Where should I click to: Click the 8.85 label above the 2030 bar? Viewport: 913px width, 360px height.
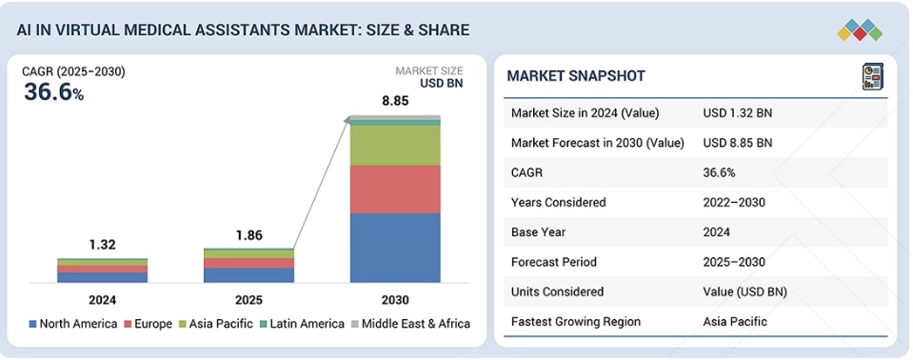coord(395,101)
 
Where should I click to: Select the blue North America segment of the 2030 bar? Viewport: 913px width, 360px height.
coord(395,249)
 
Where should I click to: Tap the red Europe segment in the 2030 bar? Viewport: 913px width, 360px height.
coord(395,190)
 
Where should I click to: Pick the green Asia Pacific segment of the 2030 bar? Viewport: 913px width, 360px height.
coord(395,146)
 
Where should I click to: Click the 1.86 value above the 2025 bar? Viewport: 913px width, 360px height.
coord(248,235)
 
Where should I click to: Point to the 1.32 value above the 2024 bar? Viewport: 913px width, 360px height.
coord(103,245)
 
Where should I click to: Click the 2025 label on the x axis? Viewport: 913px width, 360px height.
coord(248,300)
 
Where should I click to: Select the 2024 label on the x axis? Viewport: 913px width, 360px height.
coord(103,300)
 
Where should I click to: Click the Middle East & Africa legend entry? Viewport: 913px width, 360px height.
coord(410,324)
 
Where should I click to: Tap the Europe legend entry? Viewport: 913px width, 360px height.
coord(148,324)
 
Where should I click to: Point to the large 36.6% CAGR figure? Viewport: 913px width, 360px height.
coord(53,92)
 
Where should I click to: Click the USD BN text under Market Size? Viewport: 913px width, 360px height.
coord(442,83)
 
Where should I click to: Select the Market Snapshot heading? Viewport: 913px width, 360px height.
coord(575,76)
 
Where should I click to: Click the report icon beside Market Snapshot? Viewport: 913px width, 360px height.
coord(873,77)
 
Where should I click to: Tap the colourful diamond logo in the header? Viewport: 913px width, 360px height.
coord(860,30)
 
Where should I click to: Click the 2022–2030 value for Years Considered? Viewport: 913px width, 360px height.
coord(734,202)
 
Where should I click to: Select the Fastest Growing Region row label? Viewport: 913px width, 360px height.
coord(576,322)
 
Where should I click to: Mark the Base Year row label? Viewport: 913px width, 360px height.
coord(538,231)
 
